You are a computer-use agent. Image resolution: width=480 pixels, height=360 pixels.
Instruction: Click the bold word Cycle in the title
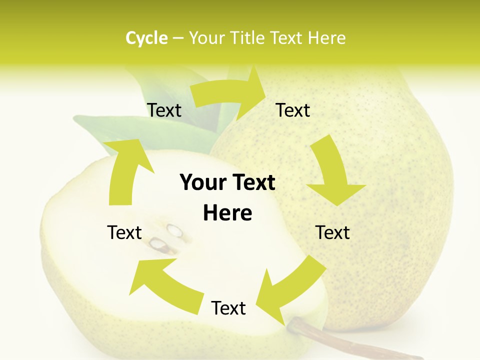[x=146, y=38]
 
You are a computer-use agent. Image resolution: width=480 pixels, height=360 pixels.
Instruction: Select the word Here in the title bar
[x=326, y=38]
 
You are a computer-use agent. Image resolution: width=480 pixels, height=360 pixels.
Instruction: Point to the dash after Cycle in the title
[x=177, y=38]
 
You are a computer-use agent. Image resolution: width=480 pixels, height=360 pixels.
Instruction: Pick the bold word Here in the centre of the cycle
[x=227, y=213]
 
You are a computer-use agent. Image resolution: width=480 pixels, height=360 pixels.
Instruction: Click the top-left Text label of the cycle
[x=164, y=110]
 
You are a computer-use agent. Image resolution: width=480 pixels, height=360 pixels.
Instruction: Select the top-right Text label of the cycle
[x=293, y=110]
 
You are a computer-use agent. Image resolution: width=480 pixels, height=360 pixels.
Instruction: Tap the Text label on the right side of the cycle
[x=332, y=232]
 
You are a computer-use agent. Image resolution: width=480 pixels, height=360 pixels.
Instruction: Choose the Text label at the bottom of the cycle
[x=228, y=308]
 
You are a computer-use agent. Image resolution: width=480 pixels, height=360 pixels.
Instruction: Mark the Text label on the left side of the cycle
[x=124, y=232]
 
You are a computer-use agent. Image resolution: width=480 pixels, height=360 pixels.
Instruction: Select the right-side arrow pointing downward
[x=334, y=172]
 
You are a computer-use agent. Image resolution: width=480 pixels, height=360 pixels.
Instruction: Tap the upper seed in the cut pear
[x=174, y=230]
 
